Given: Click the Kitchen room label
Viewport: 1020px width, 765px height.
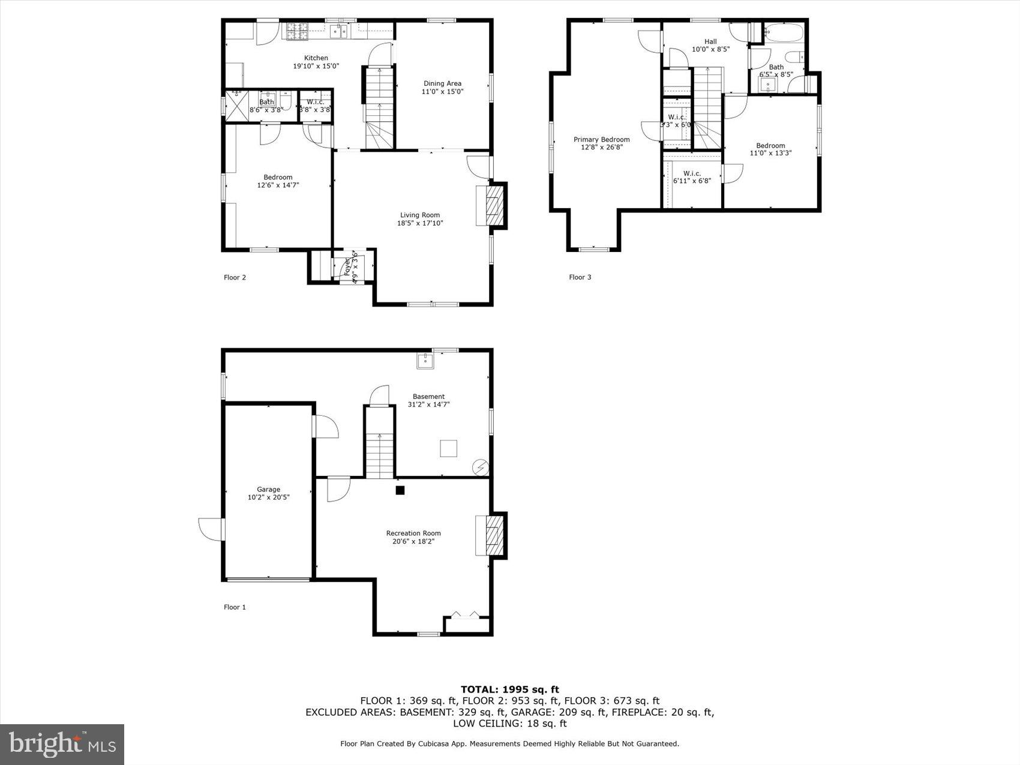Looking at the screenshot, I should [x=316, y=58].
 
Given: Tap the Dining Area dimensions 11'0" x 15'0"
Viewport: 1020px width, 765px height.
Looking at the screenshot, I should [x=442, y=92].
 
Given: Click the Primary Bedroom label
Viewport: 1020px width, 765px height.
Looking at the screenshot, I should [x=601, y=139].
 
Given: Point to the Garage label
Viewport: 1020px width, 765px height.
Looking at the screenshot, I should [x=268, y=490].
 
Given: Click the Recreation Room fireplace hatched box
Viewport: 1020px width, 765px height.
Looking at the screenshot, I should [x=492, y=535].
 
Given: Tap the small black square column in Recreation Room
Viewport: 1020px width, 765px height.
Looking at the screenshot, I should [x=400, y=490].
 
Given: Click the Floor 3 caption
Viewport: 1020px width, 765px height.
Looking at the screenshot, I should [x=580, y=277].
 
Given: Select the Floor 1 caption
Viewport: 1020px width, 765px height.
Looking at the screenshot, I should [x=235, y=607].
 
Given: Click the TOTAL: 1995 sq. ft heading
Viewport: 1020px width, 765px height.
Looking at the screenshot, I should [x=509, y=689].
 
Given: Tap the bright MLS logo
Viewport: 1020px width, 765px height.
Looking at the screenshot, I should [x=62, y=744].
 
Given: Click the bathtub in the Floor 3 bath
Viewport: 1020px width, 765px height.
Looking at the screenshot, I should [x=784, y=32].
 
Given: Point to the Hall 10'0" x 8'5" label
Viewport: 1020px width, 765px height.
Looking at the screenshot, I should [x=710, y=46].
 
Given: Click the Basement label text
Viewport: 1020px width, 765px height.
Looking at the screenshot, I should [x=428, y=397].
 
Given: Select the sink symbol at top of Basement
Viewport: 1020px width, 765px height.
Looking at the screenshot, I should [x=425, y=361].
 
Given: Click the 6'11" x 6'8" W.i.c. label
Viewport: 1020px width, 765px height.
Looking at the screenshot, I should [x=692, y=177].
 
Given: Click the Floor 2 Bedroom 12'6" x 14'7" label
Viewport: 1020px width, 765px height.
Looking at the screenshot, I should [x=278, y=181].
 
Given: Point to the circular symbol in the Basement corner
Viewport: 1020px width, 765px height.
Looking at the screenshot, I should [x=481, y=467].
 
